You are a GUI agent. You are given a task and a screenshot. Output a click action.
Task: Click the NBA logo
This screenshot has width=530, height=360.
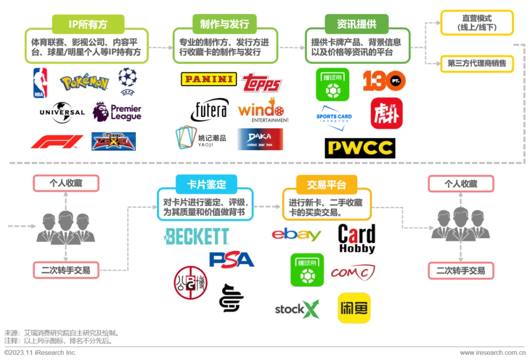point(40,83)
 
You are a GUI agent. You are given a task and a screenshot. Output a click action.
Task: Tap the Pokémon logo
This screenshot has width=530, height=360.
point(84,82)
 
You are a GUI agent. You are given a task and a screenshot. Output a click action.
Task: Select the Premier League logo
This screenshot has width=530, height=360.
point(117,112)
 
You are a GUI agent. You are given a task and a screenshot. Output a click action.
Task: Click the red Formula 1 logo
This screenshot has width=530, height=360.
point(57,142)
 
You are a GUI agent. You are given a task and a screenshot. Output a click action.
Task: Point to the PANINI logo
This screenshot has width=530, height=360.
point(209,79)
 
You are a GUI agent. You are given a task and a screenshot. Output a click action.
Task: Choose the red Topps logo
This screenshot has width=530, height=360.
point(262,83)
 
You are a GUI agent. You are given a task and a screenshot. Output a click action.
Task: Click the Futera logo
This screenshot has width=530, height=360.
point(210,111)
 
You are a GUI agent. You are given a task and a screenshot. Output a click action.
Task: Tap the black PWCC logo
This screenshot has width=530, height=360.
point(360,148)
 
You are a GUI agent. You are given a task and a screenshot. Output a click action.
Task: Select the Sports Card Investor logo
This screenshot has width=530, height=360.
point(334,118)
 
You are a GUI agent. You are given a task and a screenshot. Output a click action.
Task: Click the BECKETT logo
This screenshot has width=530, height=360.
point(197,236)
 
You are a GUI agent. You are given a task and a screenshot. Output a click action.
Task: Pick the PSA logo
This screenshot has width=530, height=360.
point(232,259)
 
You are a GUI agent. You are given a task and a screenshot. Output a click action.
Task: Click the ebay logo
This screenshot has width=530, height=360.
point(296,235)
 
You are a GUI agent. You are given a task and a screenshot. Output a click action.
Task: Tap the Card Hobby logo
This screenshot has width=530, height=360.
point(357,239)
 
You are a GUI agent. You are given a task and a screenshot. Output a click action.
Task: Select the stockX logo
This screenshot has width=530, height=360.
point(297,309)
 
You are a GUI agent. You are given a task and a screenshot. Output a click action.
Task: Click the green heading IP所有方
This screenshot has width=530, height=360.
point(88,24)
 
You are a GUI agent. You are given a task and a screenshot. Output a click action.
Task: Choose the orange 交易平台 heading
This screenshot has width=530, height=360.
point(326,184)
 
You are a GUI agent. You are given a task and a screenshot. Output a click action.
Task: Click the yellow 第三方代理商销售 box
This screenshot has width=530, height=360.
point(477,63)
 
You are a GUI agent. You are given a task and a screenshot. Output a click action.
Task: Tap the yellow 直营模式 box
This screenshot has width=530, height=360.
point(477,23)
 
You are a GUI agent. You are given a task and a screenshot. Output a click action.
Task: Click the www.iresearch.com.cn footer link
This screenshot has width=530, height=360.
point(492,353)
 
